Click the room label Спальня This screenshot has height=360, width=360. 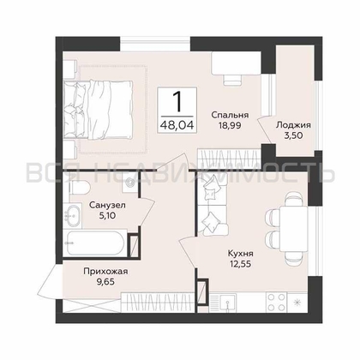[230, 115]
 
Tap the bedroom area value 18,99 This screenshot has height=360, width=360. [230, 125]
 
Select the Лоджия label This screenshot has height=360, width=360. [293, 125]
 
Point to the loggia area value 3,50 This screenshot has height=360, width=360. [293, 135]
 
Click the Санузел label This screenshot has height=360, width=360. [107, 205]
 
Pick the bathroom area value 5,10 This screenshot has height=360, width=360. [107, 215]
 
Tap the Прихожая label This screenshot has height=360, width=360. [105, 271]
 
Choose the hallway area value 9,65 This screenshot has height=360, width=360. [105, 282]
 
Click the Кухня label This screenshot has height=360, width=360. [240, 254]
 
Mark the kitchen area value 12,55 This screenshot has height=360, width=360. [240, 264]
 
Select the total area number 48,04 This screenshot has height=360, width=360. [177, 125]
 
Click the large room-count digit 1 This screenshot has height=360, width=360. [177, 102]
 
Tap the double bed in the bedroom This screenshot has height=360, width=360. [98, 110]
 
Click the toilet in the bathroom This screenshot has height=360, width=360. [79, 187]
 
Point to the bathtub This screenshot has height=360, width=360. [95, 243]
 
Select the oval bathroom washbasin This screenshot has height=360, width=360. [73, 216]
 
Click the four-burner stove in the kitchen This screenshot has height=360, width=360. [276, 302]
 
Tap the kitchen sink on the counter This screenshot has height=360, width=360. [227, 303]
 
